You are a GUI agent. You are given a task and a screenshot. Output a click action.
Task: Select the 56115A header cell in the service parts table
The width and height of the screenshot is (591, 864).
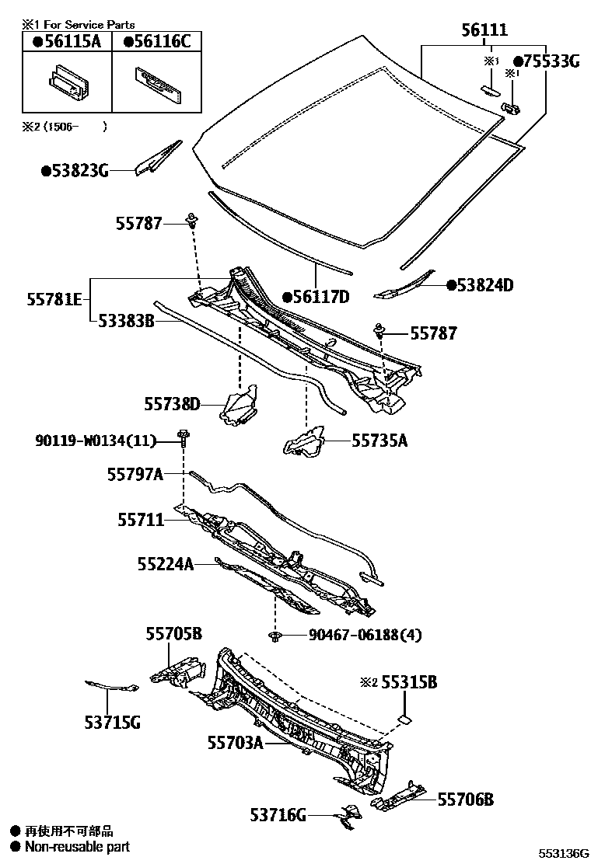(67, 42)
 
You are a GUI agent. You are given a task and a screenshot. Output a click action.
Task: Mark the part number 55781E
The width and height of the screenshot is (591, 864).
(55, 298)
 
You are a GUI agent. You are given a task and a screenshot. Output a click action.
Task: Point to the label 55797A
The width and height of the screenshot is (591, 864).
(135, 474)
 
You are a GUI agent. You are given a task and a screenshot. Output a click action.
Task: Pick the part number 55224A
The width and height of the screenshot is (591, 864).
(166, 565)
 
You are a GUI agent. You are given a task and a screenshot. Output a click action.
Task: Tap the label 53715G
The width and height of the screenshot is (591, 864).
(112, 723)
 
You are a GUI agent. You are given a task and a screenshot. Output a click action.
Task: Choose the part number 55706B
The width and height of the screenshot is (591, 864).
(465, 800)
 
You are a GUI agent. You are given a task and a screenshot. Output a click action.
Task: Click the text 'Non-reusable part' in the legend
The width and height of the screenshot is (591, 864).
(77, 847)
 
